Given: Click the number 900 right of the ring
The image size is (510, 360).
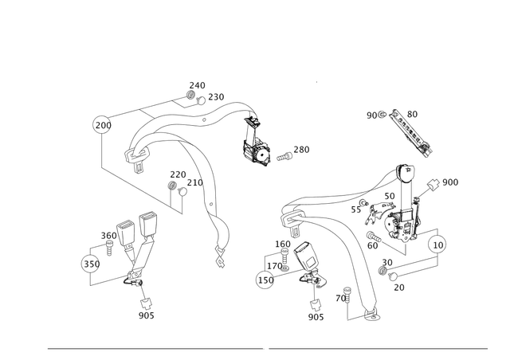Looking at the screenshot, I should pos(451,183).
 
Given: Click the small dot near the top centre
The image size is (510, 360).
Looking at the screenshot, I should pos(316,82).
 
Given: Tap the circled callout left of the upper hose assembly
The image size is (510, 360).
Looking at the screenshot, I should pos(101,123).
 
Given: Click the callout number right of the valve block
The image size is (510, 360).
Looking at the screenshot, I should pos(303,149).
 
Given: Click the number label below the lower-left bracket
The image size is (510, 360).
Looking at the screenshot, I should pos(146,315).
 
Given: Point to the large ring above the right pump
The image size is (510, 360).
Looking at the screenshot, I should pos(406,173).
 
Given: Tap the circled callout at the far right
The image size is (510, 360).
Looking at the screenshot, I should pos(436,244).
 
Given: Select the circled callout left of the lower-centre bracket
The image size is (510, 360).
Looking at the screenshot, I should pos(264,280).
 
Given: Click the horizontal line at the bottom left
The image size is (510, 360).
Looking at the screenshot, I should pos(155,349).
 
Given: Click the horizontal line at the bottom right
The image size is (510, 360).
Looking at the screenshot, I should pos(378,349).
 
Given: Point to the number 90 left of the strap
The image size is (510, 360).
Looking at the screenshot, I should pos(372,115).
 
